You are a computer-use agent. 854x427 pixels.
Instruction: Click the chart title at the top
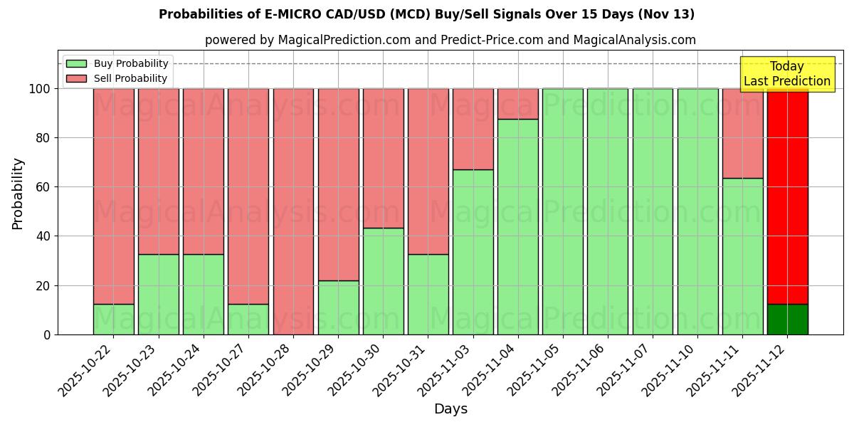[x=426, y=14]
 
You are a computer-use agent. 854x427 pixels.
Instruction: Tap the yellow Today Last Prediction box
[x=787, y=74]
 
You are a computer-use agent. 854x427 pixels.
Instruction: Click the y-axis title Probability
[x=18, y=193]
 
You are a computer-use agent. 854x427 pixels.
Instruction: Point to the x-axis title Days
[x=450, y=409]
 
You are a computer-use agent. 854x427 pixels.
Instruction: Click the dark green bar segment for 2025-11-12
[x=787, y=319]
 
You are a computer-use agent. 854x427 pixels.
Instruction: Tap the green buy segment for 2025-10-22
[x=113, y=319]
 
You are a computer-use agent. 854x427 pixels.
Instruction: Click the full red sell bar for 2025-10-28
[x=293, y=211]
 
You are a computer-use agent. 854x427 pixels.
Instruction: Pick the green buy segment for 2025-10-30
[x=383, y=281]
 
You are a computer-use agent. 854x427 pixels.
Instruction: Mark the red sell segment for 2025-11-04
[x=518, y=104]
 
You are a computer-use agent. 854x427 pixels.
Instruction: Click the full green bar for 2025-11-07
[x=653, y=211]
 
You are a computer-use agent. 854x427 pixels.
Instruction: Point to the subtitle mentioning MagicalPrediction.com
[x=450, y=40]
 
